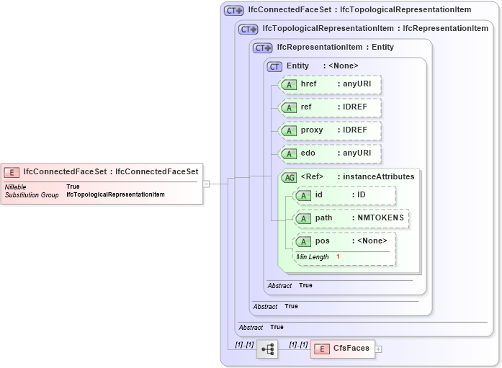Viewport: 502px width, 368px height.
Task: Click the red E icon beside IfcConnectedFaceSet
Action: pos(12,171)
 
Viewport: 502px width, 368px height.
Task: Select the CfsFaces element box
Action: pos(344,349)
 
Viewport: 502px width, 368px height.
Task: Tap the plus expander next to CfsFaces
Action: pos(379,349)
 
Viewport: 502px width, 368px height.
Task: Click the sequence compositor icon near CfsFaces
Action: pos(267,349)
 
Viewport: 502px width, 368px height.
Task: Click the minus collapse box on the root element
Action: pos(206,184)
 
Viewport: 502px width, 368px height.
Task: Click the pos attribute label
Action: pos(323,241)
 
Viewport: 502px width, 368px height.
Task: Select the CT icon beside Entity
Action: pos(274,66)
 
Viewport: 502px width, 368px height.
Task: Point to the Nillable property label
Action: pos(16,187)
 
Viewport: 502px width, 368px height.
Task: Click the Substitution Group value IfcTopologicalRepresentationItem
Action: pos(115,195)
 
